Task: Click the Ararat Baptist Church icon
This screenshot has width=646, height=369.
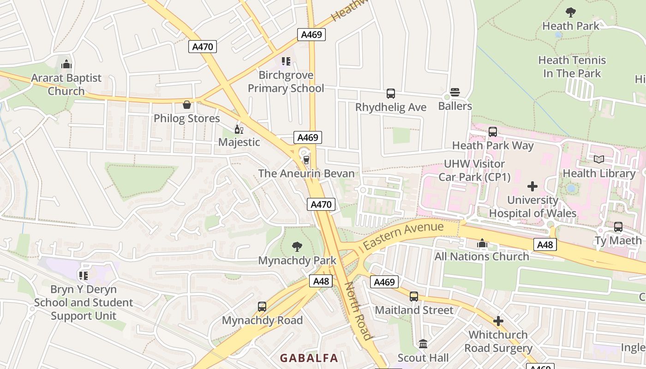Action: (x=66, y=64)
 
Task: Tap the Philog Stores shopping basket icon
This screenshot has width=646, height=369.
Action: (x=187, y=105)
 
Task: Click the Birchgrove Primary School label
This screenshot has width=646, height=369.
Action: (x=286, y=82)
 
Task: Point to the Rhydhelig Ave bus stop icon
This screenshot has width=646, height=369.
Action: (x=391, y=94)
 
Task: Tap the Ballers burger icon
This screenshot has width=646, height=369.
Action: (x=455, y=92)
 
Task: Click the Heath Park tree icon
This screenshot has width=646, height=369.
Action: (x=571, y=12)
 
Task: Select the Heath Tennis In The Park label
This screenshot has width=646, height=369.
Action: (x=572, y=67)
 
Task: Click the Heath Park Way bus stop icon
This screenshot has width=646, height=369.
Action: (x=493, y=132)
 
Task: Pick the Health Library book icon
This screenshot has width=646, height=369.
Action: (x=599, y=160)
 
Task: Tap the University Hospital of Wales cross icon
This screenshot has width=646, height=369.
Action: (x=532, y=186)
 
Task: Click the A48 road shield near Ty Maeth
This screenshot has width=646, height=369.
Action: (x=545, y=244)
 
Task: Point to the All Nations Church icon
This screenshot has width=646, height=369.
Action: (x=482, y=243)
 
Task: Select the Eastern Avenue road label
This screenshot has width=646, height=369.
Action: (x=403, y=235)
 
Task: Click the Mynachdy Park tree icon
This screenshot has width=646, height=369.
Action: (x=297, y=247)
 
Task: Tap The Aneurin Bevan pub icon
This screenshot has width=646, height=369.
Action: (x=306, y=160)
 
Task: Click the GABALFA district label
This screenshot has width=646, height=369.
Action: (x=309, y=358)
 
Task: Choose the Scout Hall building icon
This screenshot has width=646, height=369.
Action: (x=423, y=344)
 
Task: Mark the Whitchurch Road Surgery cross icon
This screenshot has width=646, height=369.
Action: (x=498, y=321)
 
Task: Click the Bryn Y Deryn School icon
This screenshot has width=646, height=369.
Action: (x=84, y=276)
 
